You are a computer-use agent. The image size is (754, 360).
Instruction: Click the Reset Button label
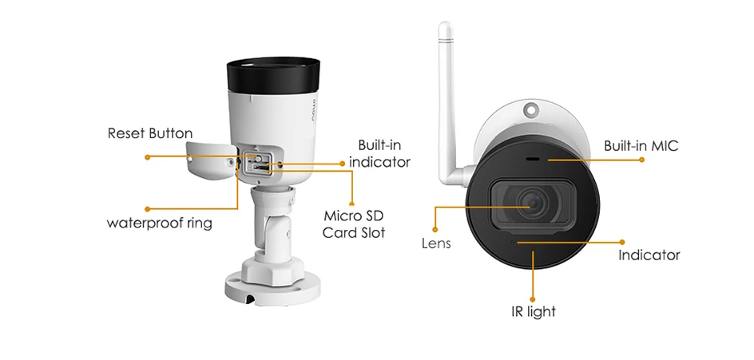pos(150,133)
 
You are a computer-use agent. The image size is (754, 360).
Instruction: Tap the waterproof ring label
pos(160,223)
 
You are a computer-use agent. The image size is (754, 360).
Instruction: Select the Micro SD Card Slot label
pos(354,224)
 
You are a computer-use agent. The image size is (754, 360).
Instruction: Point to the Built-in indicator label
pos(379,153)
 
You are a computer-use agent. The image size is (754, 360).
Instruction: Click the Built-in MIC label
pos(641,146)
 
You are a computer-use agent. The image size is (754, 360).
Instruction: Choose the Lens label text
pos(436,243)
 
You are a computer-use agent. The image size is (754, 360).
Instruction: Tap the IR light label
pos(533,311)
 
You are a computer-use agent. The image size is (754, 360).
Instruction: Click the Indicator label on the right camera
pos(649,255)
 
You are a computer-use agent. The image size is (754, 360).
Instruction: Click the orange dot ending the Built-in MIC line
pos(641,160)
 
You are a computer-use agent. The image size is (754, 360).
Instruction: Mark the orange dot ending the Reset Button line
pos(147,157)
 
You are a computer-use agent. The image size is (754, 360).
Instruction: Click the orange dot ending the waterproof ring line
pos(147,208)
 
